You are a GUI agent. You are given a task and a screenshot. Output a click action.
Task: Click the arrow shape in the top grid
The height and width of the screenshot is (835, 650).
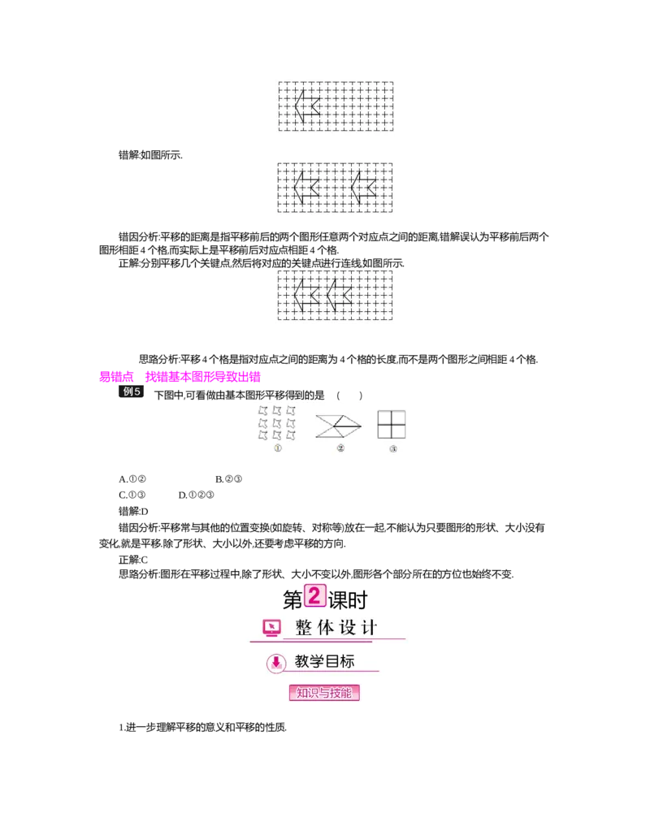(x=306, y=106)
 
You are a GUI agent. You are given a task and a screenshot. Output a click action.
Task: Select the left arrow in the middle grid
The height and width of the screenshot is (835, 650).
(x=305, y=187)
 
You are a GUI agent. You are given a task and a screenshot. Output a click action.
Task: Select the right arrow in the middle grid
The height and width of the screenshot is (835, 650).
(x=363, y=187)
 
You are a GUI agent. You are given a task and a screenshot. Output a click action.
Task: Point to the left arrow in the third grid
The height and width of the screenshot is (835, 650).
(x=305, y=295)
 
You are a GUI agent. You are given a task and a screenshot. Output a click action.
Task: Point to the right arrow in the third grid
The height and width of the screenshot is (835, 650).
(x=338, y=295)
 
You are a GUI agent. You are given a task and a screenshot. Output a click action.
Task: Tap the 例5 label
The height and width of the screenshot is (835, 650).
(x=132, y=392)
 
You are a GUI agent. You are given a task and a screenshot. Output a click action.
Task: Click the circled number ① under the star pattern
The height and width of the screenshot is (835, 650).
(x=277, y=448)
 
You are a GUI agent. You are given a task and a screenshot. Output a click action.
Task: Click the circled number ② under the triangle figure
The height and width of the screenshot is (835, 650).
(x=340, y=448)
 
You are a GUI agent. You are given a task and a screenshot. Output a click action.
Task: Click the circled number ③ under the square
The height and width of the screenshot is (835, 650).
(x=393, y=448)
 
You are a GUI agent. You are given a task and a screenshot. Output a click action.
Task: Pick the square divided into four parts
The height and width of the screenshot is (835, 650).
(x=392, y=424)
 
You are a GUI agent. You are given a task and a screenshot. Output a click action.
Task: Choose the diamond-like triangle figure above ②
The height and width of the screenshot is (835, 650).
(x=338, y=426)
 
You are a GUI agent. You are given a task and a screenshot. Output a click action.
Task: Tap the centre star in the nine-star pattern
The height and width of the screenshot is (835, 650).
(x=277, y=423)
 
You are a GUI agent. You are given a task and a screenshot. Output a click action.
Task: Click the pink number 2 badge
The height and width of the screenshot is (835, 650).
(x=314, y=595)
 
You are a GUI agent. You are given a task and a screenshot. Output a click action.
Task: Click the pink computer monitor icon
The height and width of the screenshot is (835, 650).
(x=271, y=628)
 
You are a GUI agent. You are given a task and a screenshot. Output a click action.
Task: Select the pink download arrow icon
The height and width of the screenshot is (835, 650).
(x=276, y=663)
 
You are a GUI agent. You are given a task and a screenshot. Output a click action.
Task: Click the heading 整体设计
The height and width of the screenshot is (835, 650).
(x=336, y=628)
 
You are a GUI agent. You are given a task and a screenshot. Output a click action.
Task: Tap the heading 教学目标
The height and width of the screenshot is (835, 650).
(x=325, y=662)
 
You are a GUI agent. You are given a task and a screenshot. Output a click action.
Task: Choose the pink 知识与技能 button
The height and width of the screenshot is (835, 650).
(x=324, y=693)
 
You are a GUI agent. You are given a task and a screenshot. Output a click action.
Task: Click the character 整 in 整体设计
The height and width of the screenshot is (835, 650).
(x=303, y=628)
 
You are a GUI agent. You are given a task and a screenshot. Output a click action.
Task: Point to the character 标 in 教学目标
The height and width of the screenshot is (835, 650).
(x=347, y=662)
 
